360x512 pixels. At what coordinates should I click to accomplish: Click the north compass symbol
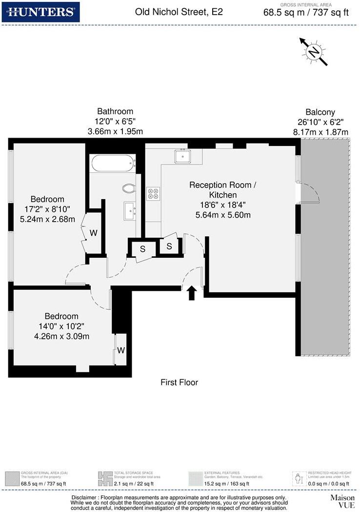pyautogui.click(x=314, y=51)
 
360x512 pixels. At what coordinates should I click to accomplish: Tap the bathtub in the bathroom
pyautogui.click(x=113, y=163)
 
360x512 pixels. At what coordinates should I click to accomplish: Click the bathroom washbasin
pyautogui.click(x=130, y=211)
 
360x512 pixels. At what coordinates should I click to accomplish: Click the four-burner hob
pyautogui.click(x=154, y=193)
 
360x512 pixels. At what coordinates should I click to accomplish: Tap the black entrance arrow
pyautogui.click(x=192, y=292)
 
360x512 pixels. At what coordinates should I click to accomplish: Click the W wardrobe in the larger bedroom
pyautogui.click(x=93, y=233)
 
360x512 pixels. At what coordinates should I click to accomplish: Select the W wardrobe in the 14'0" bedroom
pyautogui.click(x=120, y=350)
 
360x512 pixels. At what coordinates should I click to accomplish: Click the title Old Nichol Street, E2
pyautogui.click(x=179, y=12)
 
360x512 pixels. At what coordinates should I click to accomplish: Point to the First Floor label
pyautogui.click(x=180, y=382)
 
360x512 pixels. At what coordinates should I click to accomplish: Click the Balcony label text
pyautogui.click(x=320, y=112)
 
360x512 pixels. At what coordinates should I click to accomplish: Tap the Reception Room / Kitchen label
pyautogui.click(x=222, y=190)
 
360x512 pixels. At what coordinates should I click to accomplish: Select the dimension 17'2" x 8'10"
pyautogui.click(x=47, y=209)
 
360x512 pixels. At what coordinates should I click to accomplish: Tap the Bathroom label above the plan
pyautogui.click(x=115, y=111)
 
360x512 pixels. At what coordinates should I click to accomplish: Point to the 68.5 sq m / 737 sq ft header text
pyautogui.click(x=306, y=13)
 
